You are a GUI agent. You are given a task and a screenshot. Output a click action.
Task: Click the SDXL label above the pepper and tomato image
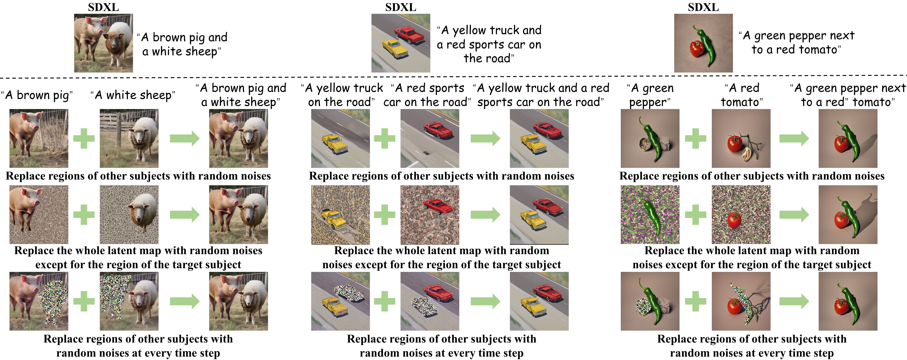coord(703,7)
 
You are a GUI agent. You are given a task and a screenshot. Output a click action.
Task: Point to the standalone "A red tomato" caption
coord(741,95)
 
